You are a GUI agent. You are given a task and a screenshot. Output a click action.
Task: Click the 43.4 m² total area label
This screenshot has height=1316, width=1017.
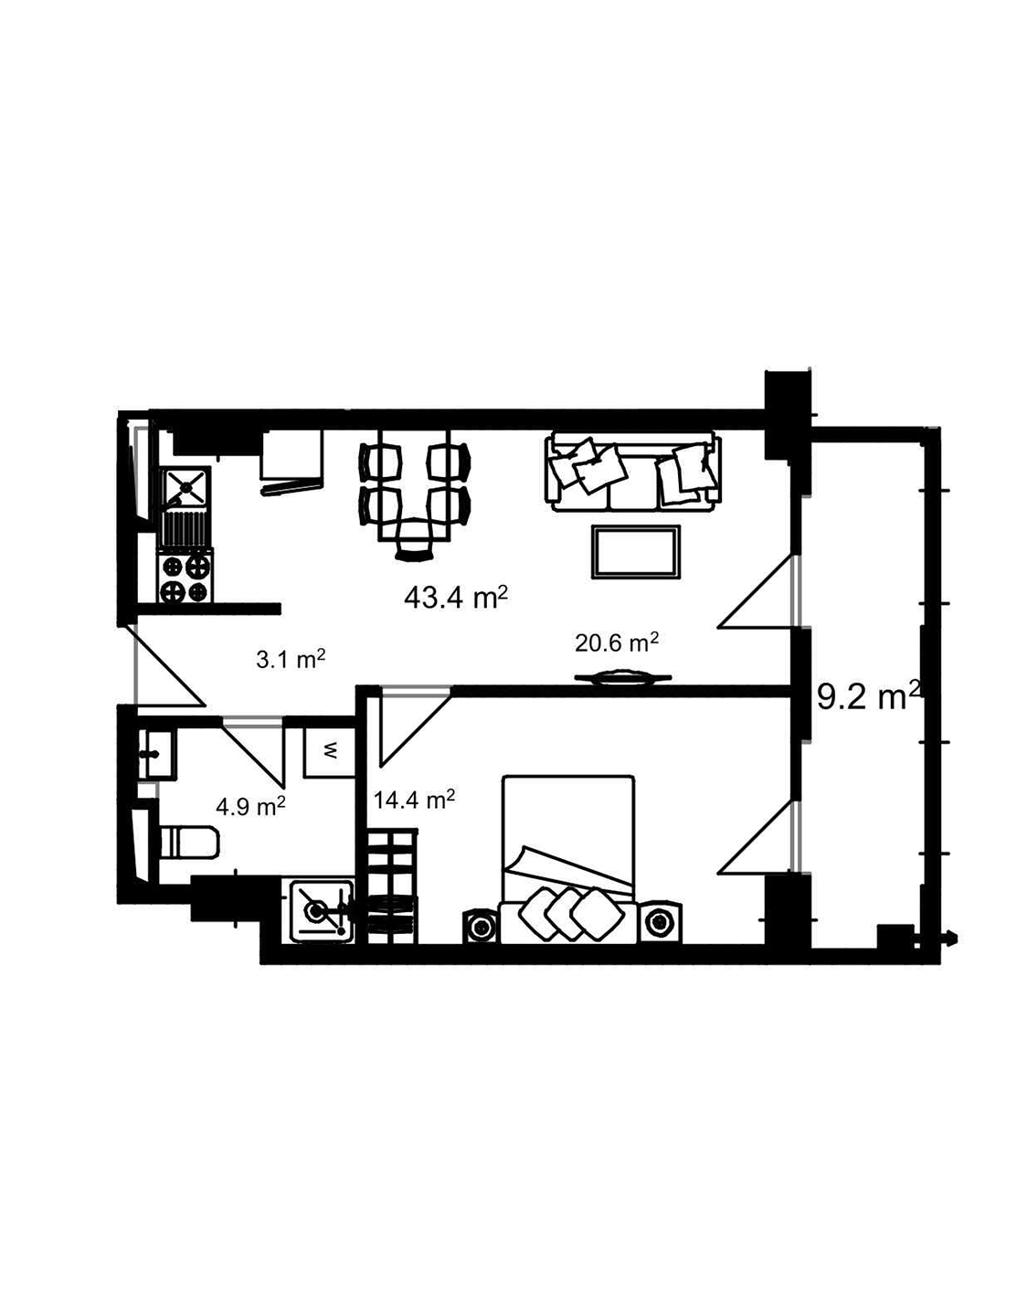(455, 599)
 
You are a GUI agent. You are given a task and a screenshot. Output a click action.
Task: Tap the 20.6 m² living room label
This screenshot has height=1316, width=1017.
(617, 643)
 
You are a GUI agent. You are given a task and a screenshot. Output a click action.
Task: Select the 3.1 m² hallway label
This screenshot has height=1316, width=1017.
(291, 659)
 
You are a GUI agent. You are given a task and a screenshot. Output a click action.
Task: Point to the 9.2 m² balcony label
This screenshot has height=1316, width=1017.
(866, 698)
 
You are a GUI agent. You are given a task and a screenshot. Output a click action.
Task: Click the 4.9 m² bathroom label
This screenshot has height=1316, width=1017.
(250, 806)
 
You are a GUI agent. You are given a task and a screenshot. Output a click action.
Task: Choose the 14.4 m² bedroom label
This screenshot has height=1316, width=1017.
(414, 801)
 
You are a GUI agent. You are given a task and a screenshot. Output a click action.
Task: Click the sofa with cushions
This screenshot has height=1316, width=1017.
(631, 471)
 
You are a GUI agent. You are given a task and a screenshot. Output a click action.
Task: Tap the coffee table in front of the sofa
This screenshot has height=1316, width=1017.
(636, 552)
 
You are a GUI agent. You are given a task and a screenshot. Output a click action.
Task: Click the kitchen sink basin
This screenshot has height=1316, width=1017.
(185, 487)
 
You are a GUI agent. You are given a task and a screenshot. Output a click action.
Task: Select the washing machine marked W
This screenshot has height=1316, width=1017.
(329, 751)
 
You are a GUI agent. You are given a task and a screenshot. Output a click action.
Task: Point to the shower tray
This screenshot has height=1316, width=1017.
(319, 909)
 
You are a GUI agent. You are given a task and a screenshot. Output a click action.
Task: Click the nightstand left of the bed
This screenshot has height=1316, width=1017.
(479, 925)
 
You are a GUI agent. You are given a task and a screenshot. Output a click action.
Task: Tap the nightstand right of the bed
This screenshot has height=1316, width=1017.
(659, 923)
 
